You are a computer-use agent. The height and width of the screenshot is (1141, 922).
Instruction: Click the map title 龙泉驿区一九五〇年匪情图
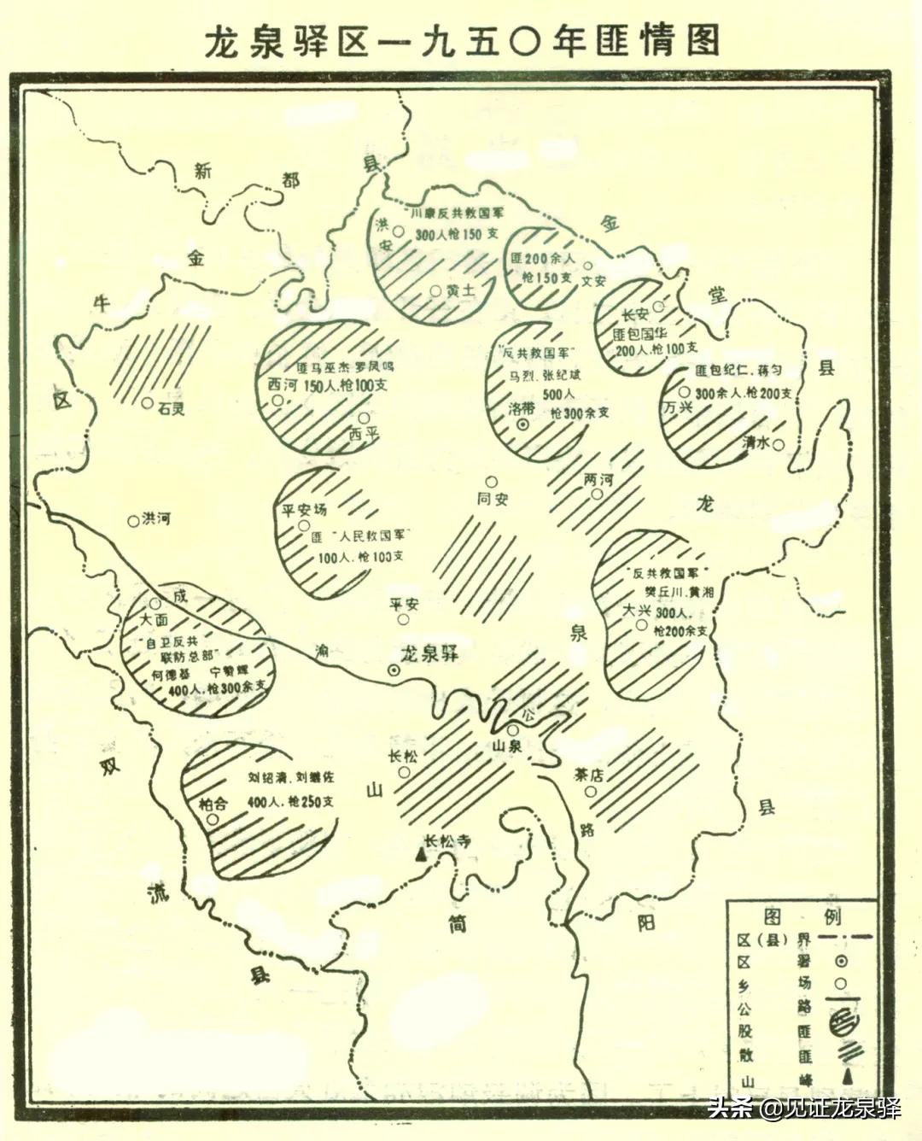coord(461,41)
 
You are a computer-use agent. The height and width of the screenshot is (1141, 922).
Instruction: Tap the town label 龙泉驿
coord(430,653)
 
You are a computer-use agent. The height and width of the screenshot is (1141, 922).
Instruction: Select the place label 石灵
coord(171,408)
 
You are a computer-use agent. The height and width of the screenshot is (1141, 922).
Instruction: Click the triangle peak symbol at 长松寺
coord(420,852)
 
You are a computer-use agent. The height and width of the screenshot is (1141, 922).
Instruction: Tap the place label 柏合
coord(213,804)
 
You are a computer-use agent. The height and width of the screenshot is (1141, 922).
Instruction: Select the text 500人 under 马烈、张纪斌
coord(559,394)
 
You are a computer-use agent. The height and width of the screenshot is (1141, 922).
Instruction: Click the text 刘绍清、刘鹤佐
coord(291,779)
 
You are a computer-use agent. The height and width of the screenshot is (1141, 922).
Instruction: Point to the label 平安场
coord(305,511)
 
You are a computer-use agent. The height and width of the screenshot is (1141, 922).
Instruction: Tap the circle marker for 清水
coord(779,443)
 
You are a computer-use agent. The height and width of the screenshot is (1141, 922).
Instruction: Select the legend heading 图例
coord(802,916)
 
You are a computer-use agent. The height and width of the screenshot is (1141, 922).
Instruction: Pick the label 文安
coord(594,280)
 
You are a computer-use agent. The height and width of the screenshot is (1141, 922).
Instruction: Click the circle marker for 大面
coord(155,603)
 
